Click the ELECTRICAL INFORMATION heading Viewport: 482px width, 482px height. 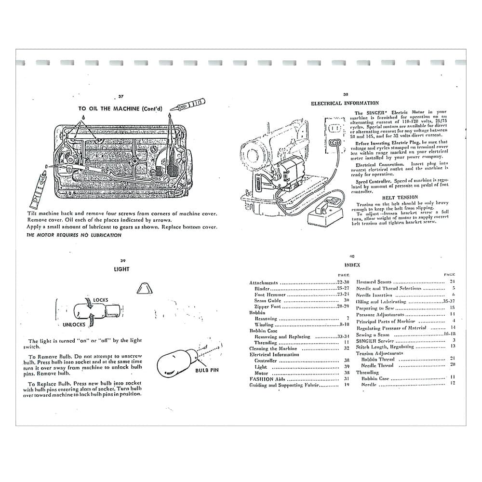point(345,103)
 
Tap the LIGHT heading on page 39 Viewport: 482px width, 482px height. point(121,269)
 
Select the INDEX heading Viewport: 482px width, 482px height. point(352,265)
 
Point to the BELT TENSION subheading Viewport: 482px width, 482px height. point(400,197)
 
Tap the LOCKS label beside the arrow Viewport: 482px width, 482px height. point(100,300)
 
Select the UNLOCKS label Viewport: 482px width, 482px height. point(74,325)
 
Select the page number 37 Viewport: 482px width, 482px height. point(121,96)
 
